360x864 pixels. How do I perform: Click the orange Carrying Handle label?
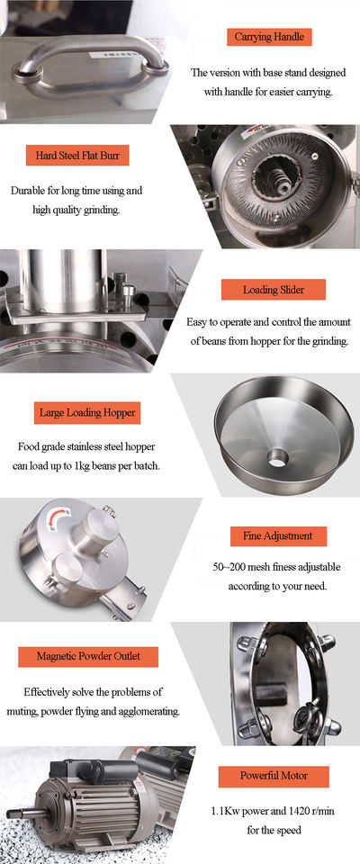click(x=270, y=37)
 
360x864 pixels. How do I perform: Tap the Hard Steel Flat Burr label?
click(x=77, y=156)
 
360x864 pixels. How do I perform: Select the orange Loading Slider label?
click(x=274, y=290)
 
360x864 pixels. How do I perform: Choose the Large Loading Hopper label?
click(x=86, y=412)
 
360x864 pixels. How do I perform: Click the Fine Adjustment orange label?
click(x=278, y=535)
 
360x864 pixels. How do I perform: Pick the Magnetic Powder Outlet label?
click(x=88, y=656)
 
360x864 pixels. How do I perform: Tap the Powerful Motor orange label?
click(x=274, y=775)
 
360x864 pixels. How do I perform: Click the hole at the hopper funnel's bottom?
click(x=277, y=456)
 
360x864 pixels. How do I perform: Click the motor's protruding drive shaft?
click(x=16, y=812)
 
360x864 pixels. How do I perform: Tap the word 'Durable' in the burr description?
click(x=26, y=191)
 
